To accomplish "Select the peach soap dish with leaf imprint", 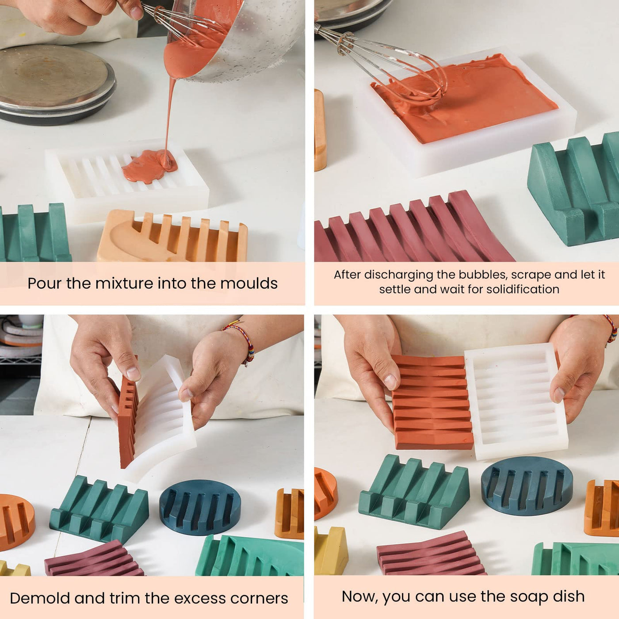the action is click(x=172, y=236).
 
